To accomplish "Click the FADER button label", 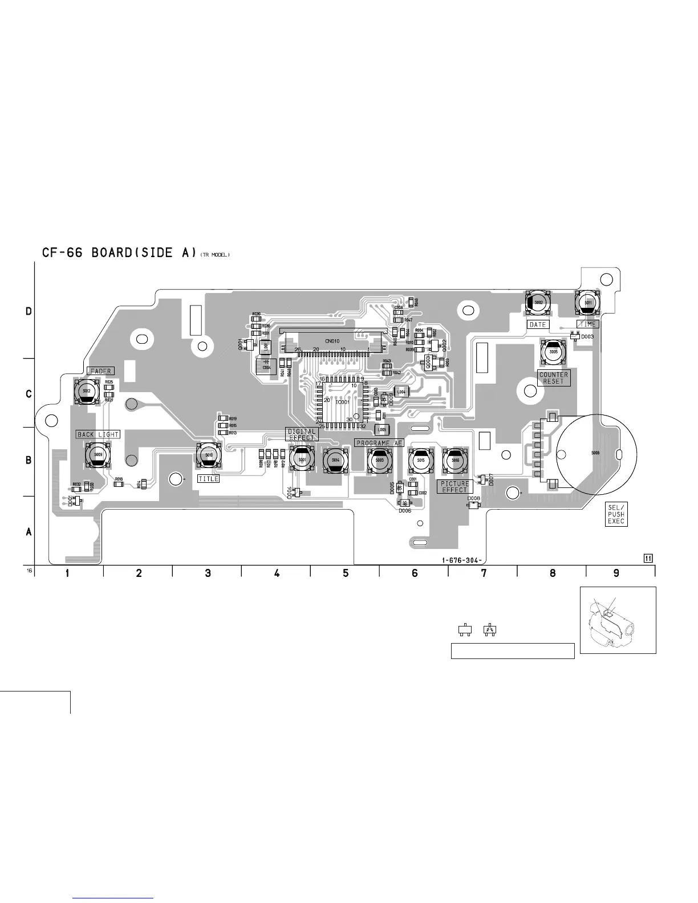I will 100,371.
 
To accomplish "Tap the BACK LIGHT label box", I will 98,434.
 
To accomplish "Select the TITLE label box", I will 208,479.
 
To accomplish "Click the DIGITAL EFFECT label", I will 301,434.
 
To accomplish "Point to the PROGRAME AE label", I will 379,443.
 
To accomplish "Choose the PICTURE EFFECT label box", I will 454,487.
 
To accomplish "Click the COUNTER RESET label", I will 553,378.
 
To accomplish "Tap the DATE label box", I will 537,324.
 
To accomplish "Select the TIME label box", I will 587,324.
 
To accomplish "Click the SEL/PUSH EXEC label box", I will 616,514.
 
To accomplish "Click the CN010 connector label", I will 332,341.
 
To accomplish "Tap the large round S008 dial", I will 596,453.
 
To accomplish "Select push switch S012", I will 87,391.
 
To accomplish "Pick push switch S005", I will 553,353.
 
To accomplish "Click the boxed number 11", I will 648,558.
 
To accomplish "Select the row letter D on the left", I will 29,312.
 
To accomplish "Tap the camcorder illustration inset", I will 618,620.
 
